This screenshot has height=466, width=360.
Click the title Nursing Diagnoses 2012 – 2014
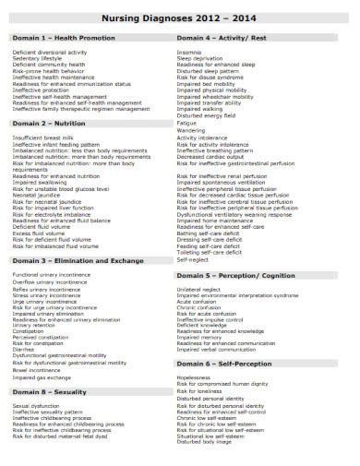(x=180, y=18)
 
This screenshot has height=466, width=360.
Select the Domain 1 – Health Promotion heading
(x=64, y=38)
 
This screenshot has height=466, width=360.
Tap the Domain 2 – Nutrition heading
(x=50, y=122)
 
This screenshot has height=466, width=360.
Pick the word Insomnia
(x=189, y=53)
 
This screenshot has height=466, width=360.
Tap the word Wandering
(x=191, y=130)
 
